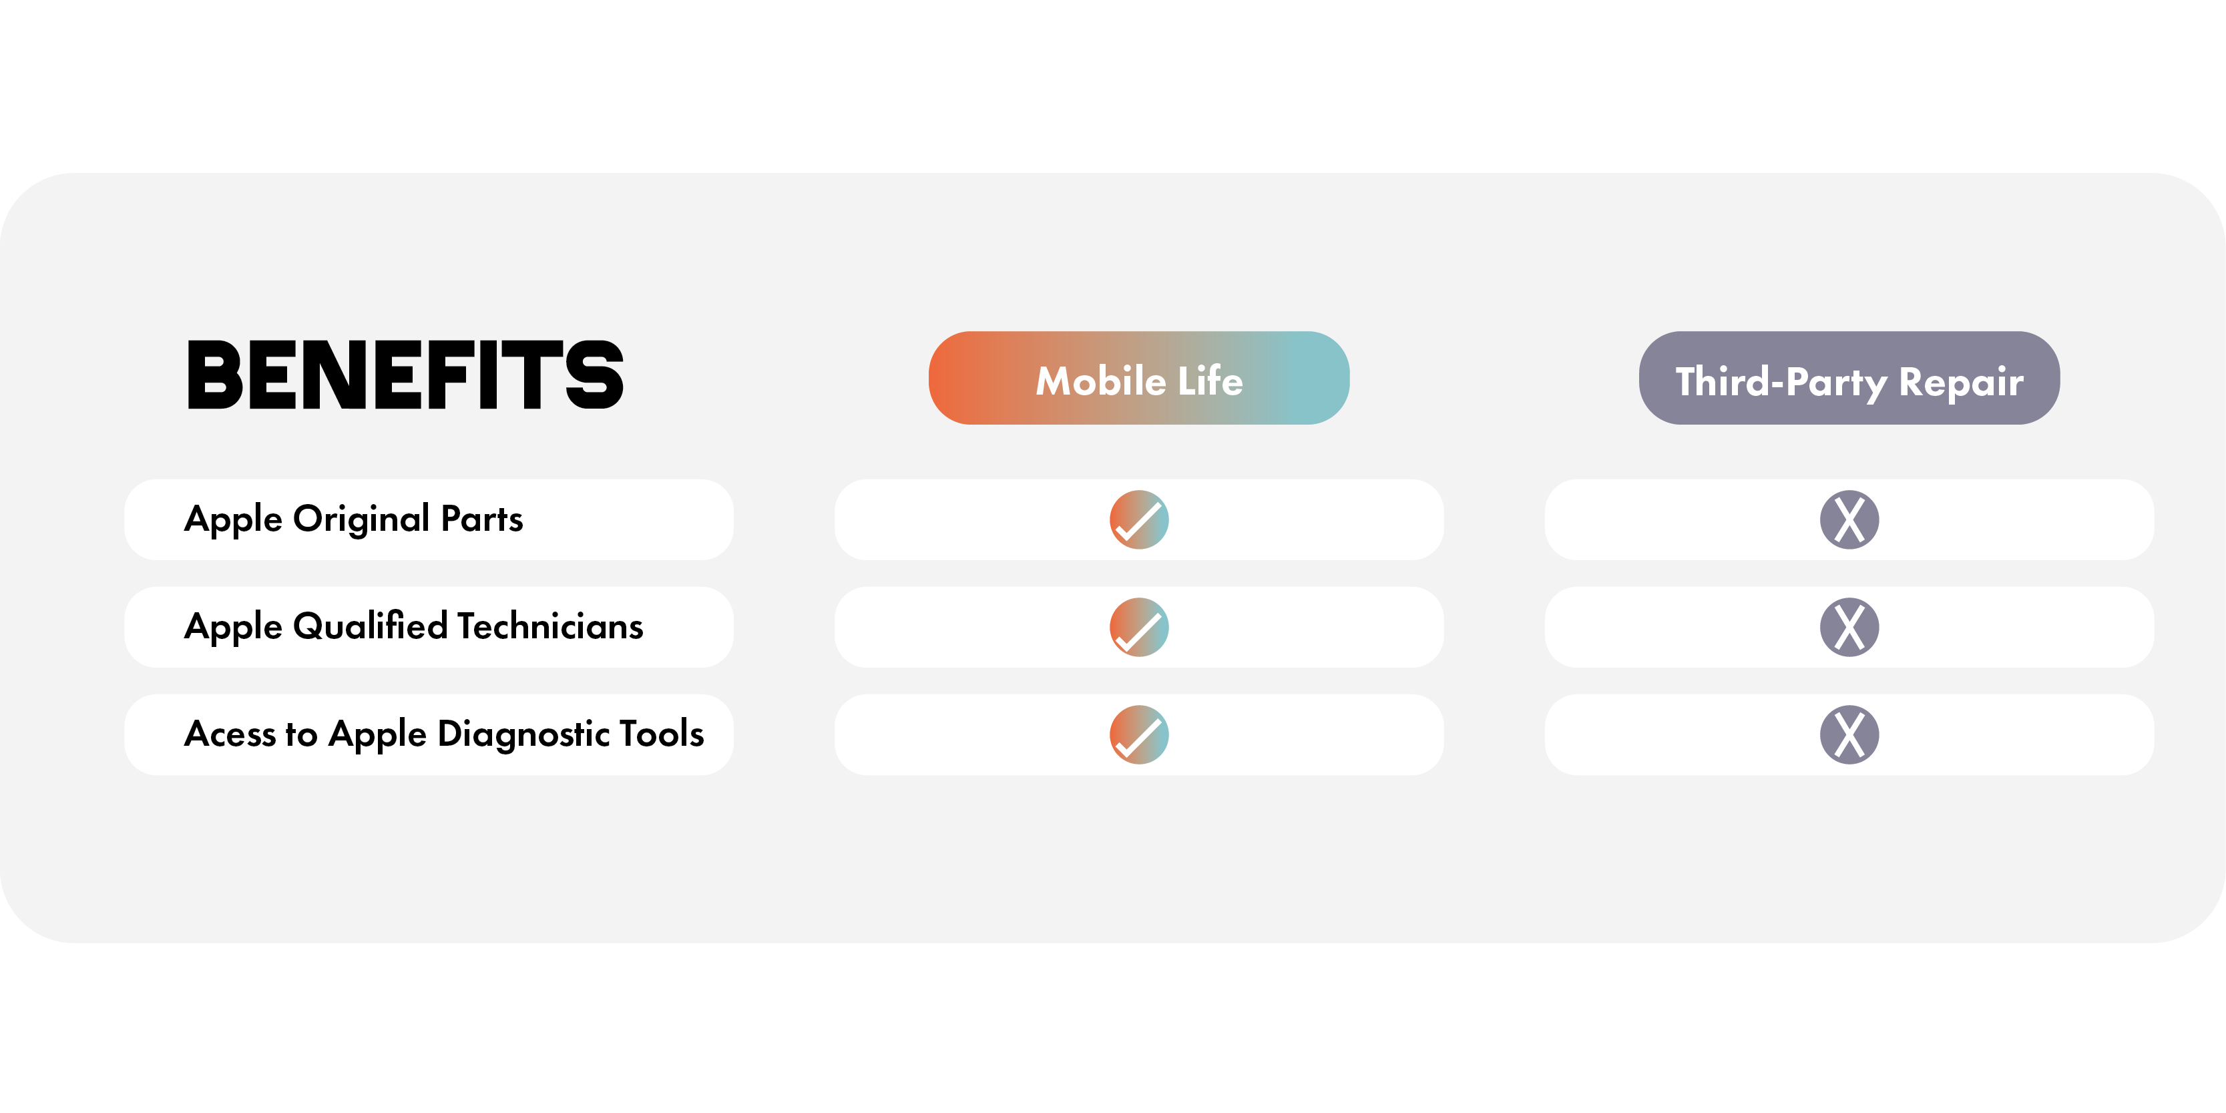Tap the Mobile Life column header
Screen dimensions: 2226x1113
(1139, 378)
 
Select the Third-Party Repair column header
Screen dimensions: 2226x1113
(1849, 378)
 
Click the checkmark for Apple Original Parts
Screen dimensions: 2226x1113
(1139, 519)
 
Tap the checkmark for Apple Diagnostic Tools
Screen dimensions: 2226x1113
(1139, 734)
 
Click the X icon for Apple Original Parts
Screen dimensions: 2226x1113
(1849, 519)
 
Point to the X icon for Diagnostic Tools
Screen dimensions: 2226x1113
(1849, 734)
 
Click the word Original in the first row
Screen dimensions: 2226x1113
(361, 520)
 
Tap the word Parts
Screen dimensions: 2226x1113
(482, 519)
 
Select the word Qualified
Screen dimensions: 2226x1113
(371, 626)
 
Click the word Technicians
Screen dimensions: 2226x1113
(550, 626)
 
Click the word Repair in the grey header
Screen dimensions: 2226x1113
(1962, 383)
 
